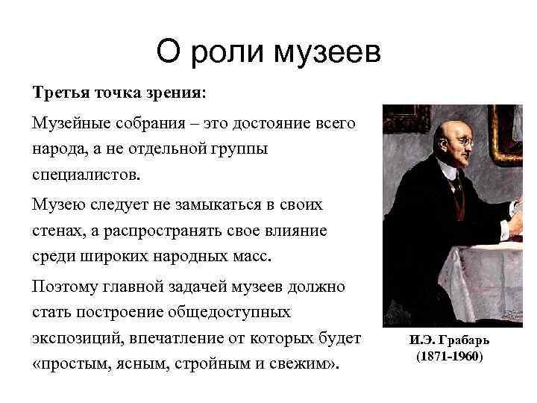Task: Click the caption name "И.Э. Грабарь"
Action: click(x=449, y=340)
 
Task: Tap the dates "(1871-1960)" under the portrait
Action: click(x=449, y=357)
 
